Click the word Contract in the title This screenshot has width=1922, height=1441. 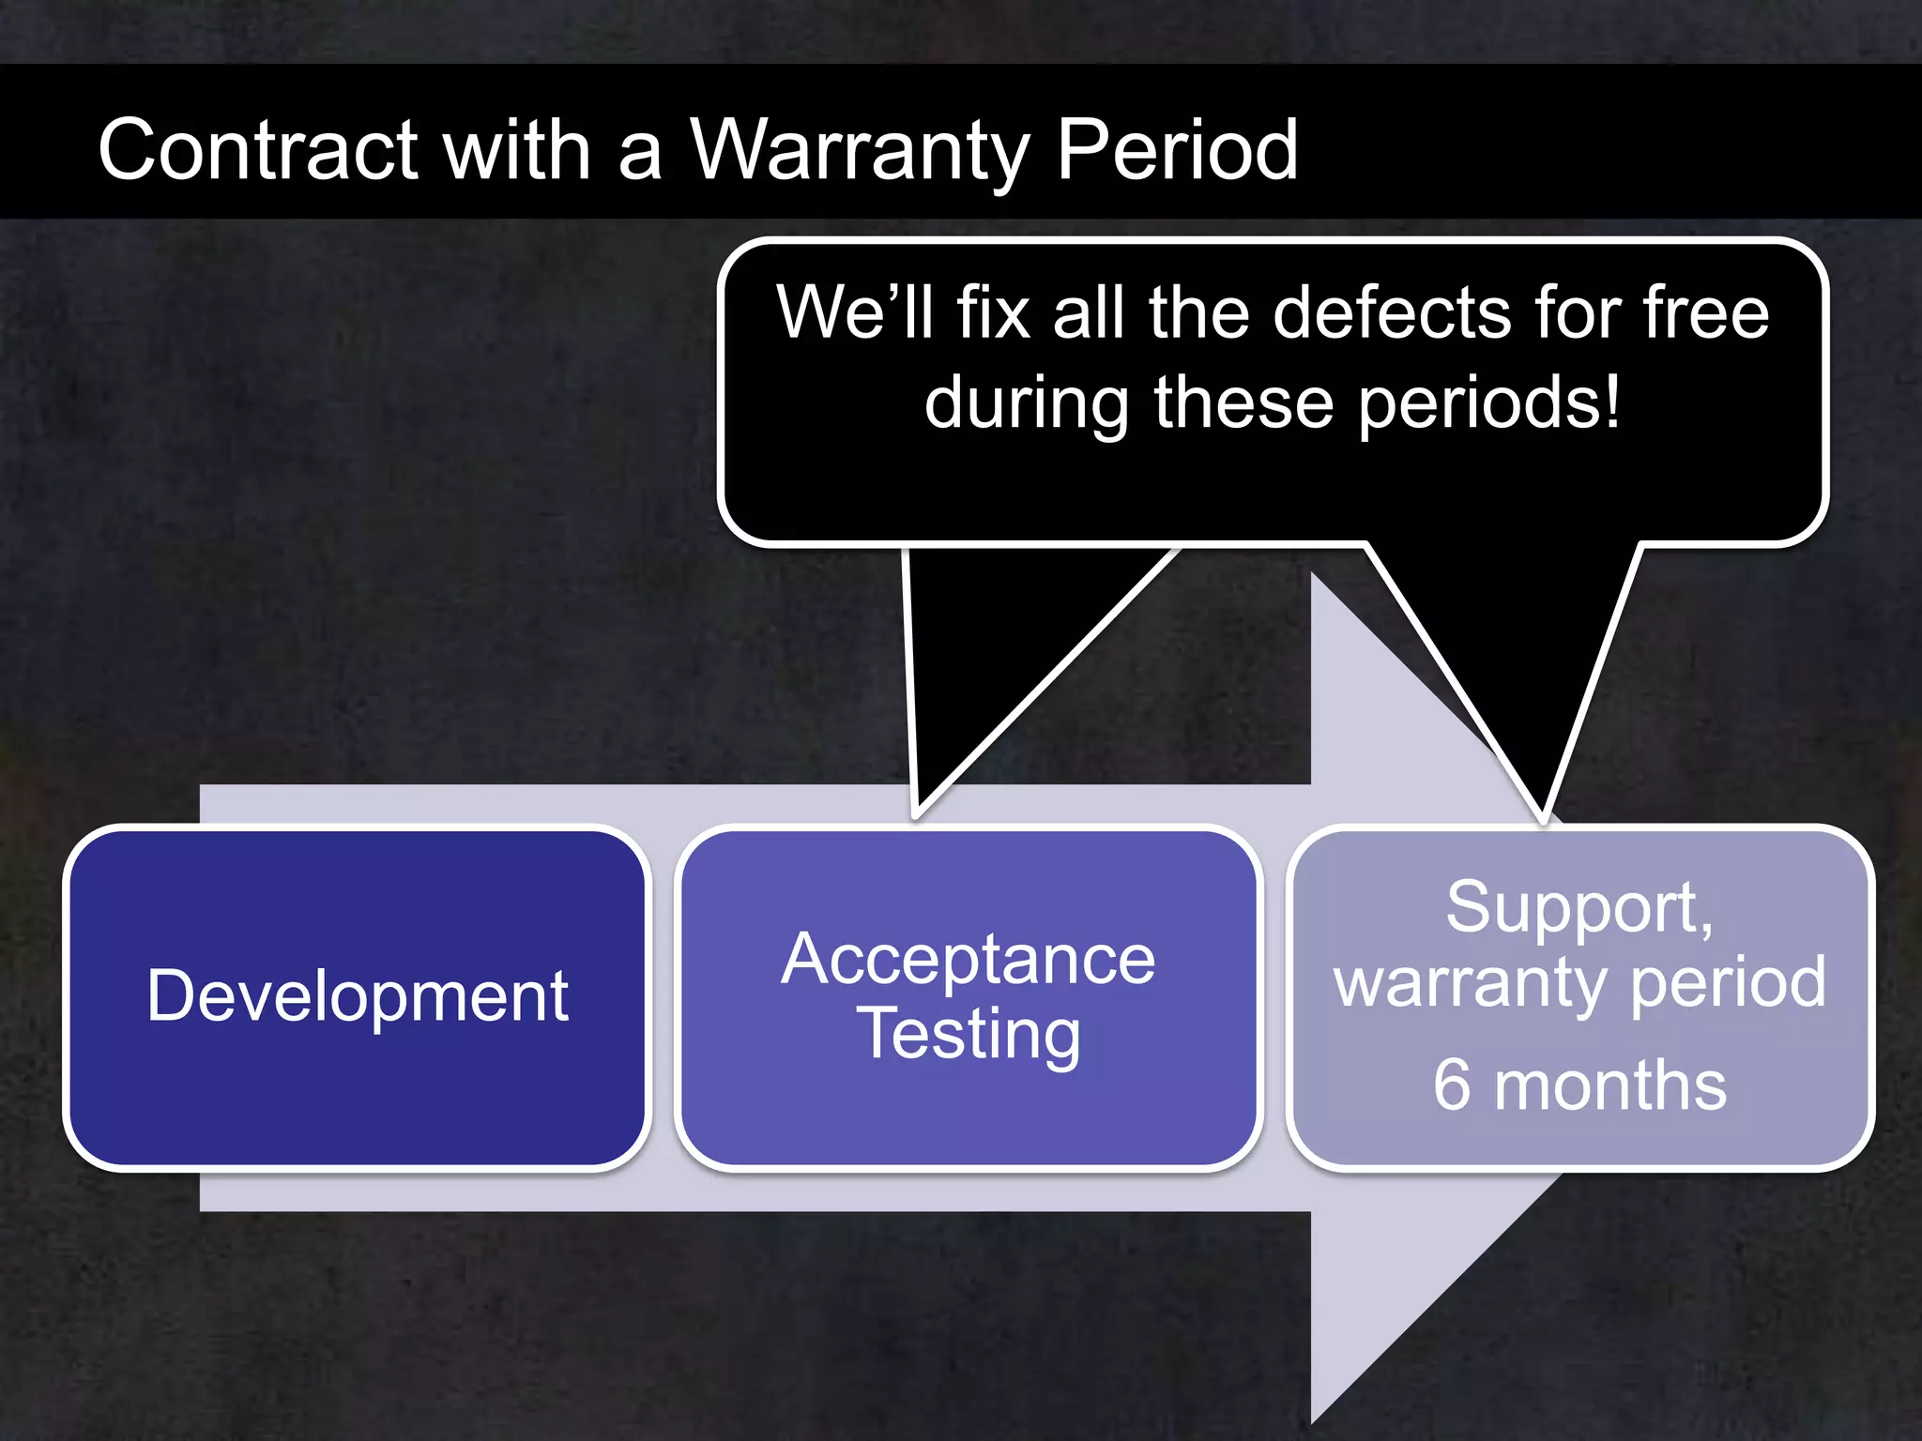(258, 150)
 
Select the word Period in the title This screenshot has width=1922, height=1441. (1177, 150)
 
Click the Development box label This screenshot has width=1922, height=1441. (358, 996)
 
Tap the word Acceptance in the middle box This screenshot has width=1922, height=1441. (968, 960)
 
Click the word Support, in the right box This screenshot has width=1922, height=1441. (1579, 907)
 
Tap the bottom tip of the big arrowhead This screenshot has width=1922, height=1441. (1313, 1420)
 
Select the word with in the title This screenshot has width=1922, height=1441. (517, 150)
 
